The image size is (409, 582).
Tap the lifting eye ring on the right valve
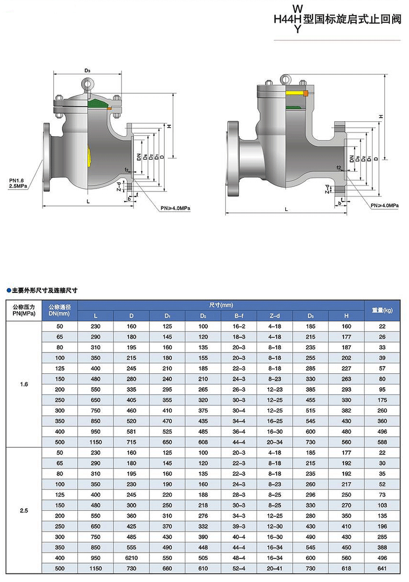click(285, 79)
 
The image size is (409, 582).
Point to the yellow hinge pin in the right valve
click(295, 92)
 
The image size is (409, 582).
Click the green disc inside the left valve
click(97, 104)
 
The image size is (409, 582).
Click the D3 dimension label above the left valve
click(87, 70)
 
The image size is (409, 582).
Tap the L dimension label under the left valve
click(88, 201)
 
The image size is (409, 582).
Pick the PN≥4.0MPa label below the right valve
click(384, 205)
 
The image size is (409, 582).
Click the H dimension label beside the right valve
click(381, 117)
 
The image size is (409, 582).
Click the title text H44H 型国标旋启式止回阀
click(337, 19)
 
